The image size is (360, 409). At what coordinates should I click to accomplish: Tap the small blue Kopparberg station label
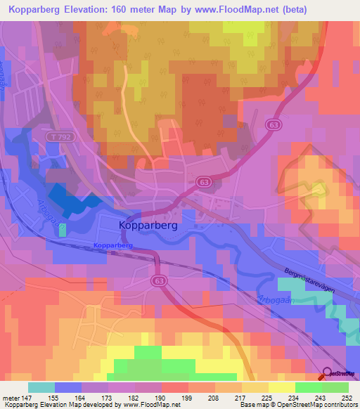click(x=112, y=245)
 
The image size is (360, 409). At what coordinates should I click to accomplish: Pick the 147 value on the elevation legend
click(x=27, y=397)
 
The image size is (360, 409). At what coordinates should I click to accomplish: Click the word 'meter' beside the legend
click(x=10, y=397)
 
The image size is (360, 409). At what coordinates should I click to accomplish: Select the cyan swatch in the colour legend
click(x=41, y=387)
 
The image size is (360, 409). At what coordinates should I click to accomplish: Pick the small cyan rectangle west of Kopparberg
click(x=63, y=229)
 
